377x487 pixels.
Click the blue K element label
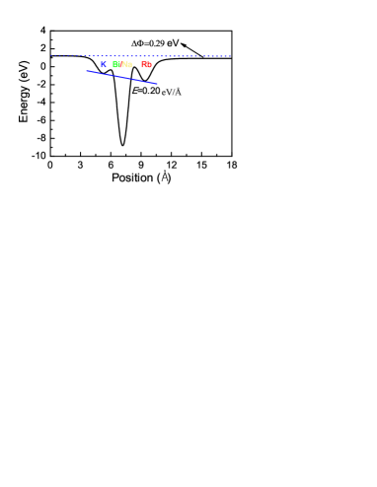pyautogui.click(x=103, y=65)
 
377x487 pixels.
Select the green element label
pyautogui.click(x=115, y=65)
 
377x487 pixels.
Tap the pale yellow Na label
pyautogui.click(x=126, y=65)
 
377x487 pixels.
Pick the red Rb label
pyautogui.click(x=146, y=65)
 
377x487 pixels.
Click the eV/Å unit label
pyautogui.click(x=172, y=92)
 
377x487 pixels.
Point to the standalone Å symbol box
pyautogui.click(x=165, y=175)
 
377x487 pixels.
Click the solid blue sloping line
pyautogui.click(x=121, y=77)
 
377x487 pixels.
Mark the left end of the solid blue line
pyautogui.click(x=87, y=71)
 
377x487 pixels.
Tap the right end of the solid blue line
pyautogui.click(x=157, y=84)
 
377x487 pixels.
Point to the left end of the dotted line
pyautogui.click(x=50, y=55)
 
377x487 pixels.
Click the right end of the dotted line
pyautogui.click(x=230, y=56)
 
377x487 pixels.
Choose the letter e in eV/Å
pyautogui.click(x=164, y=92)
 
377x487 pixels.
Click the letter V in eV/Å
pyautogui.click(x=169, y=92)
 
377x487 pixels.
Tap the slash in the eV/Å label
pyautogui.click(x=174, y=92)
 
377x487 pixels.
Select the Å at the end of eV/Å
pyautogui.click(x=178, y=92)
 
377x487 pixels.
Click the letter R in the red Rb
pyautogui.click(x=144, y=65)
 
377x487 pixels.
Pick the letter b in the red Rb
pyautogui.click(x=149, y=65)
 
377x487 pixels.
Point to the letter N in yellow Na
pyautogui.click(x=124, y=65)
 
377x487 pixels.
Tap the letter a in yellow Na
pyautogui.click(x=129, y=65)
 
